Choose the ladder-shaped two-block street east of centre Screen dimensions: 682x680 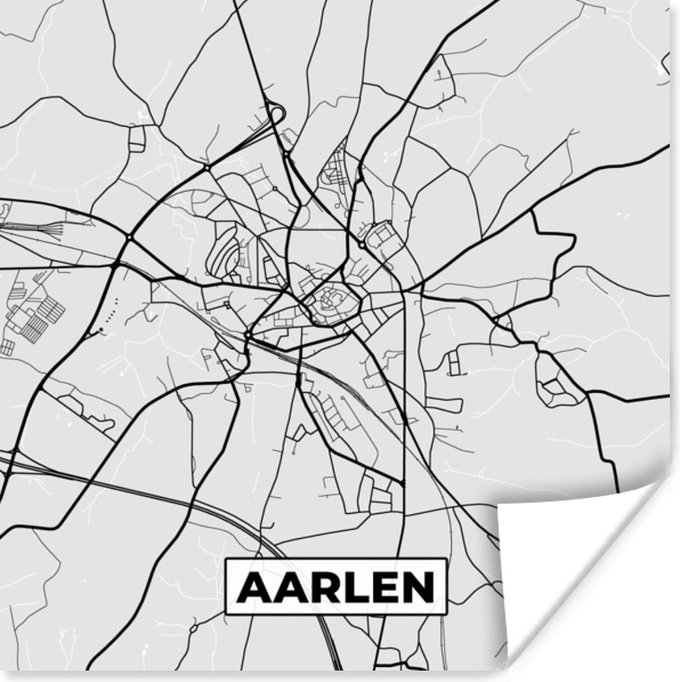[453, 363]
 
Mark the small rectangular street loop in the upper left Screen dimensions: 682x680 [137, 139]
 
